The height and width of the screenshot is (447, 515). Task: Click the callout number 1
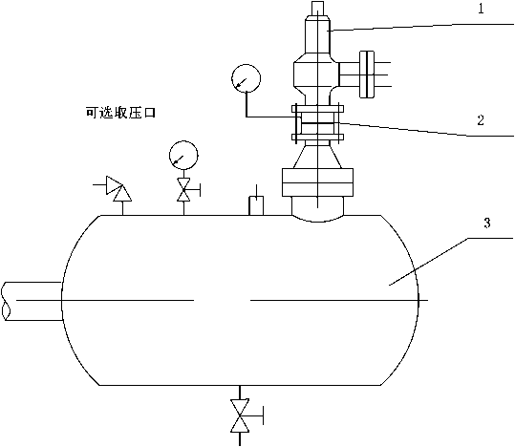click(x=481, y=9)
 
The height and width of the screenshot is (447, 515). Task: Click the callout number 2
click(x=481, y=120)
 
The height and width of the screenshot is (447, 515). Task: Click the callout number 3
click(x=487, y=223)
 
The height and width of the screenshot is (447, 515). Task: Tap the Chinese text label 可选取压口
click(x=120, y=113)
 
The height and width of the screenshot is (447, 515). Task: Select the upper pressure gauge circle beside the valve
click(x=246, y=78)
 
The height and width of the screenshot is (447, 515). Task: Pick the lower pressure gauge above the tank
click(x=183, y=155)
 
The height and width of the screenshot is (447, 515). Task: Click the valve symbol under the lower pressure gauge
click(x=183, y=189)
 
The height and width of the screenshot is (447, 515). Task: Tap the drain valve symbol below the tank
click(x=240, y=415)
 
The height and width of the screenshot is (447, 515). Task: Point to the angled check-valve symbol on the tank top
click(x=118, y=188)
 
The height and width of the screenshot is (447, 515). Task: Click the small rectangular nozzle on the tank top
click(x=256, y=205)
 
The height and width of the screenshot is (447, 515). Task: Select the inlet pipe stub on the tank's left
click(x=32, y=301)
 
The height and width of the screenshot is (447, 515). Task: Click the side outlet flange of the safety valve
click(x=367, y=74)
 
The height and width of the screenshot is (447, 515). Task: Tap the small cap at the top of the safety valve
click(x=317, y=8)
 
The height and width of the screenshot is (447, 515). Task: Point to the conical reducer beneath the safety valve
click(x=317, y=157)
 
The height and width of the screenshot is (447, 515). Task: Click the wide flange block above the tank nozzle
click(x=317, y=182)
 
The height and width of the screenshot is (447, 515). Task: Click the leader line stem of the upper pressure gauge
click(x=246, y=105)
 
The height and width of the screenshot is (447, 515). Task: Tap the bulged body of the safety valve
click(x=316, y=74)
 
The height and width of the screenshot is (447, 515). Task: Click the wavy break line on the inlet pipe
click(x=5, y=301)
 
